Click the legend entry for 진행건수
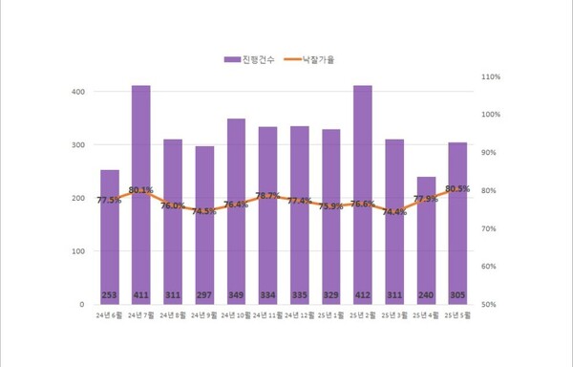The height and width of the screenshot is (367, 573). click(251, 59)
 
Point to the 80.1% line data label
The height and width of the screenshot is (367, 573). click(141, 190)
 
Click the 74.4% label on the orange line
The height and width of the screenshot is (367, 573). click(394, 212)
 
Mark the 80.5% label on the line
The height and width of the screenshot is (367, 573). click(457, 189)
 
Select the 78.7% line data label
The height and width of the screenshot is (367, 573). click(267, 196)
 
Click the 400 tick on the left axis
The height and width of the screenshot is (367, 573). click(76, 92)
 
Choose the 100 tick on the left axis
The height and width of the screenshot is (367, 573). click(76, 251)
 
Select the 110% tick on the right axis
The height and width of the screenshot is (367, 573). click(491, 76)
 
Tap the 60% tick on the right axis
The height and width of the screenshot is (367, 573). click(489, 267)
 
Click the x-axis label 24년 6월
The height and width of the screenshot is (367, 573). click(110, 314)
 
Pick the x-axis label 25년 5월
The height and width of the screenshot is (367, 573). click(457, 314)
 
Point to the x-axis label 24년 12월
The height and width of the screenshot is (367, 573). click(299, 314)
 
